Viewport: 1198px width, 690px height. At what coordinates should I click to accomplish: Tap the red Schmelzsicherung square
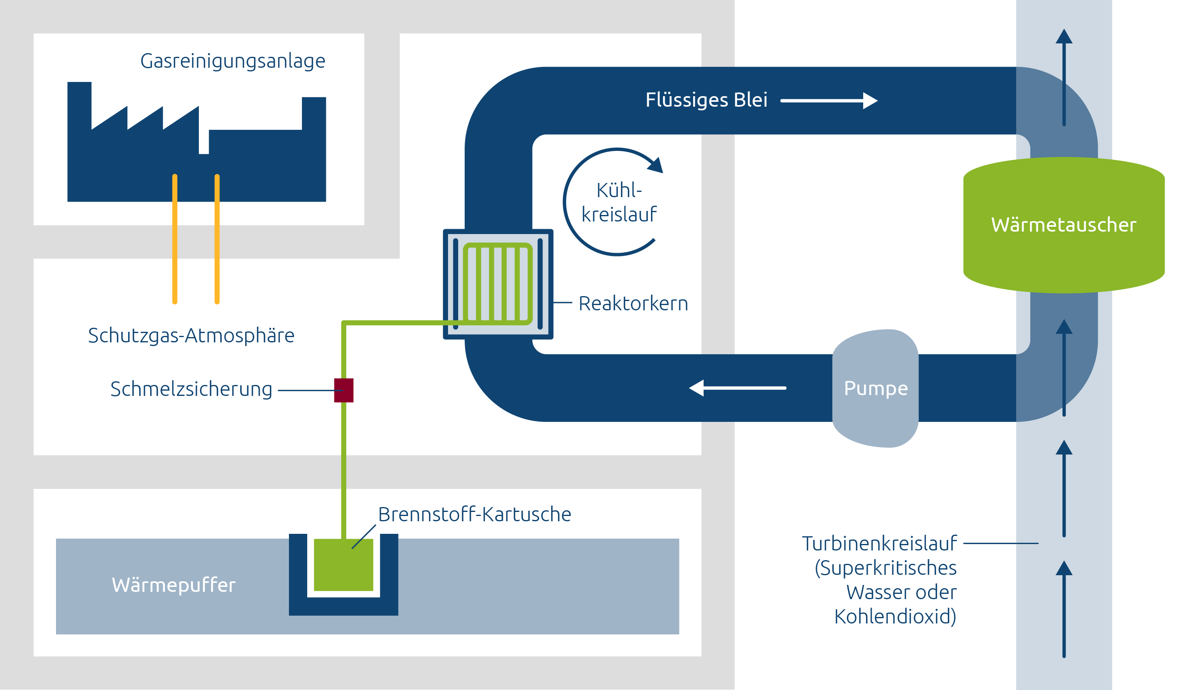[344, 390]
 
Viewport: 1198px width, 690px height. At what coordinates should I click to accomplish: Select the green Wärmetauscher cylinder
[1063, 225]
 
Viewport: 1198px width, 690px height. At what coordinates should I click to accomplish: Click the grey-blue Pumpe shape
[875, 388]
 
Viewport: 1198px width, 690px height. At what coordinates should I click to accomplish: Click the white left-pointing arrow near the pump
[737, 388]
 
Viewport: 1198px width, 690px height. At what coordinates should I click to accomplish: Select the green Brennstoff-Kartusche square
[343, 565]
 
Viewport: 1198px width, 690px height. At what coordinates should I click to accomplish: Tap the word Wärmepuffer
[174, 585]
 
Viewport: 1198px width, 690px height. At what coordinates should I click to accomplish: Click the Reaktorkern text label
[633, 303]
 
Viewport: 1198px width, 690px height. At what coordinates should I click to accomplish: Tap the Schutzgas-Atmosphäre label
[191, 335]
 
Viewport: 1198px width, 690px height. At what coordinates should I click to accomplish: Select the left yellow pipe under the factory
[175, 239]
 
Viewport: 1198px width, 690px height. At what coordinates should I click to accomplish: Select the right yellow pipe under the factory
[217, 239]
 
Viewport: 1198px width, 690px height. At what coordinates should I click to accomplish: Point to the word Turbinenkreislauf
[879, 543]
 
